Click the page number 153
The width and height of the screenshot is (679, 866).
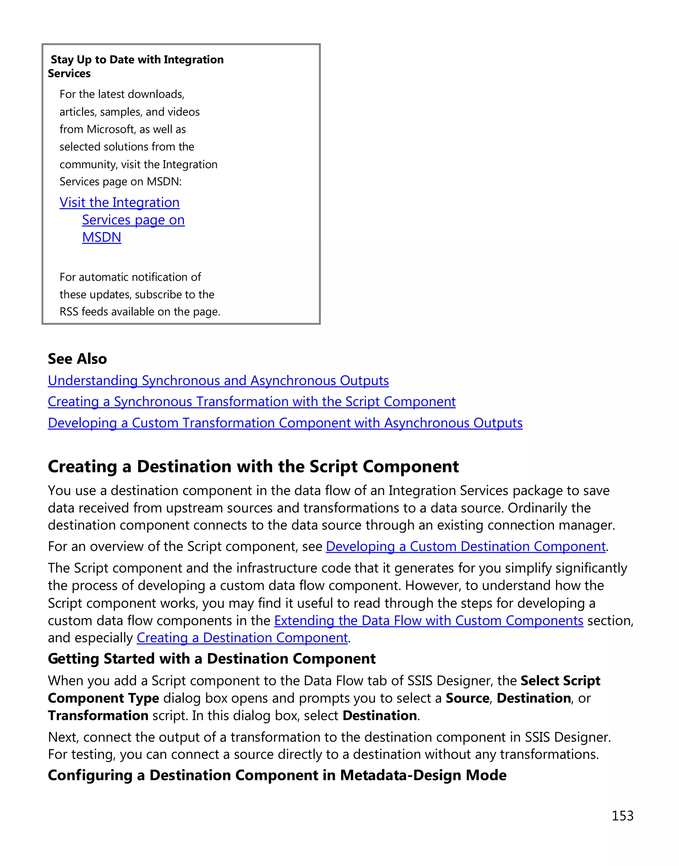pyautogui.click(x=622, y=816)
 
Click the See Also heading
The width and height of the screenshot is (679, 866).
pyautogui.click(x=77, y=359)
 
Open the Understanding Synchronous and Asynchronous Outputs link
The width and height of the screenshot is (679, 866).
pyautogui.click(x=218, y=381)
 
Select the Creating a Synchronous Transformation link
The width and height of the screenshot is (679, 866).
pyautogui.click(x=251, y=402)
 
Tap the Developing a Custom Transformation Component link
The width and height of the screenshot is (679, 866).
pyautogui.click(x=285, y=423)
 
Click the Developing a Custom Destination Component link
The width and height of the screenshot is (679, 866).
pyautogui.click(x=465, y=547)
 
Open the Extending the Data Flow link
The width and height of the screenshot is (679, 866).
pyautogui.click(x=429, y=620)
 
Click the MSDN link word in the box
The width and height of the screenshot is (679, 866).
pyautogui.click(x=101, y=237)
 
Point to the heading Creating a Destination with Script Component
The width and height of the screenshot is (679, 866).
pyautogui.click(x=253, y=467)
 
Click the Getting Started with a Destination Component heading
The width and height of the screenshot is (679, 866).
pyautogui.click(x=212, y=659)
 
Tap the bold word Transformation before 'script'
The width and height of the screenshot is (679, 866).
pyautogui.click(x=98, y=716)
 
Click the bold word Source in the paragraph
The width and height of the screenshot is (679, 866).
pyautogui.click(x=467, y=698)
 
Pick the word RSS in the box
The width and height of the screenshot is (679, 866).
pyautogui.click(x=69, y=312)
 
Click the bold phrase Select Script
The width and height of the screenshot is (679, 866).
pyautogui.click(x=560, y=681)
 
